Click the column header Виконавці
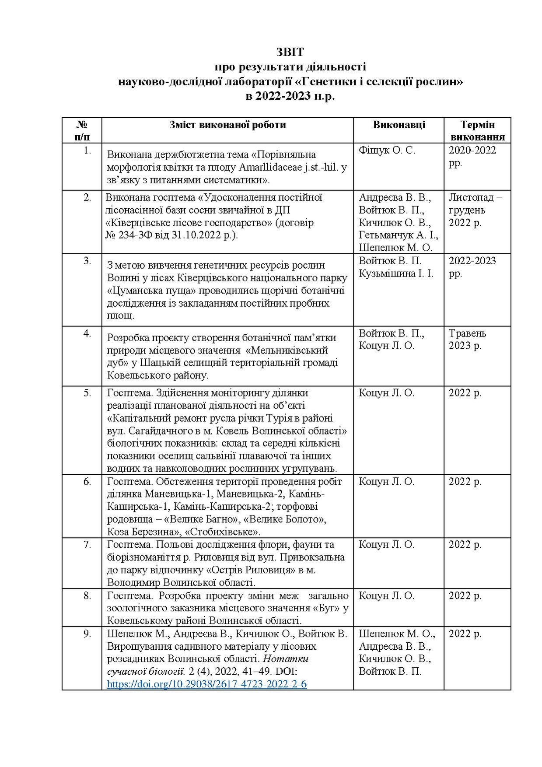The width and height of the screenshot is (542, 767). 399,125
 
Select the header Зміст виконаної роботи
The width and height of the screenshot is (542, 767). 227,125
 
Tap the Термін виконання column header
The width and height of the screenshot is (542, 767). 477,130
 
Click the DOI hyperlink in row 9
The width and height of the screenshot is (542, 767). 206,683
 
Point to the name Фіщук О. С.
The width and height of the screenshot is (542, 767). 387,151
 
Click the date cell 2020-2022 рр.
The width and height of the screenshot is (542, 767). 472,157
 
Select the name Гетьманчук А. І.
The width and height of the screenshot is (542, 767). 398,235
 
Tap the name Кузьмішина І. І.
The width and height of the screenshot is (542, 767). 396,274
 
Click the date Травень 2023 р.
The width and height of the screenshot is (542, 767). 467,339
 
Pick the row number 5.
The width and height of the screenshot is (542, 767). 87,393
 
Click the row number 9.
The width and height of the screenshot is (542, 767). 87,634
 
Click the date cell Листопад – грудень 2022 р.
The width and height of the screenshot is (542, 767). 475,210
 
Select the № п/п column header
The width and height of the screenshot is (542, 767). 81,130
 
